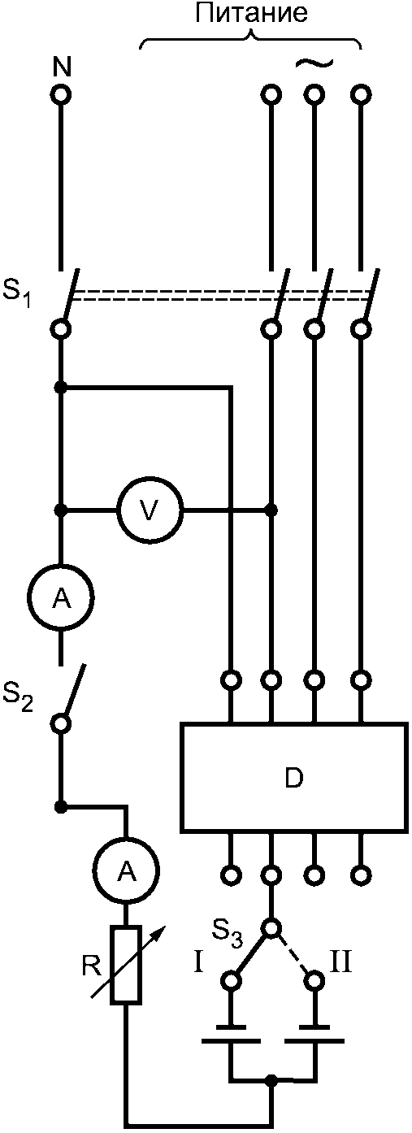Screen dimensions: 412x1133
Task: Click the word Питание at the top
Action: point(251,14)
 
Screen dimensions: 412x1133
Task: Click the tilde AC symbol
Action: point(314,63)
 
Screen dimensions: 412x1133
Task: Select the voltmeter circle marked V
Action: point(150,510)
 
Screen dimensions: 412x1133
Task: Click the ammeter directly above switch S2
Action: point(61,598)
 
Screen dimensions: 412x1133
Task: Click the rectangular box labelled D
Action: point(293,779)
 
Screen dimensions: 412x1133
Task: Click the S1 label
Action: point(17,297)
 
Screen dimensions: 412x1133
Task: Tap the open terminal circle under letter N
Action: point(61,94)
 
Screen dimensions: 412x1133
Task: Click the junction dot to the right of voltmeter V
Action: point(272,510)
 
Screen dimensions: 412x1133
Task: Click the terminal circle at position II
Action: point(314,979)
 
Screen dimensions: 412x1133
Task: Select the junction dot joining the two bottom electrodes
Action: point(272,1079)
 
